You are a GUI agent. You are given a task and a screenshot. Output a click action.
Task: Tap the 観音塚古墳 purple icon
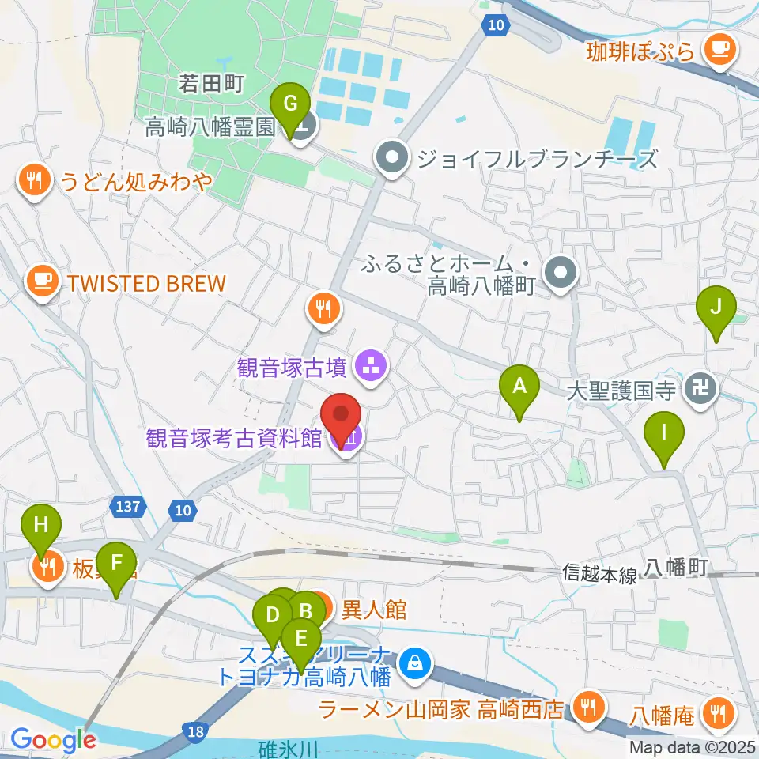368,365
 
